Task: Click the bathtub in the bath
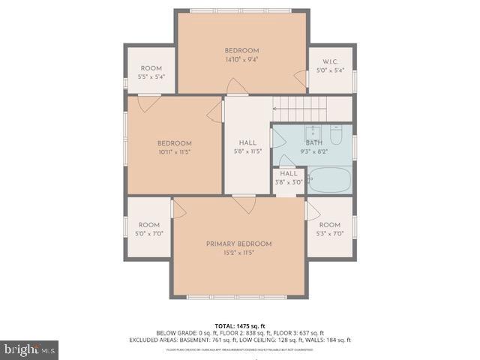(x=329, y=180)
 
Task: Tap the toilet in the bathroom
(x=336, y=136)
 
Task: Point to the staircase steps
(x=311, y=108)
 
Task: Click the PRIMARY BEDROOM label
(x=238, y=244)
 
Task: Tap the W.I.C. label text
(x=331, y=61)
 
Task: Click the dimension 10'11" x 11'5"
(x=174, y=152)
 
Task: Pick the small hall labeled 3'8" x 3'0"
(x=289, y=178)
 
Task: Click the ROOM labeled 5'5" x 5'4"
(x=151, y=72)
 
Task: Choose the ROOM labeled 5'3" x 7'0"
(x=330, y=229)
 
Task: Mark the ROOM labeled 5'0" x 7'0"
(x=149, y=229)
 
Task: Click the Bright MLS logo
(x=30, y=349)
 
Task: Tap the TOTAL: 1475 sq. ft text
(x=240, y=325)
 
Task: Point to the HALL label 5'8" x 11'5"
(x=247, y=146)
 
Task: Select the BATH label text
(x=313, y=142)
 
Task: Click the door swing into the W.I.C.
(x=301, y=78)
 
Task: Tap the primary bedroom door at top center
(x=244, y=204)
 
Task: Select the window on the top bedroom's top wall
(x=241, y=10)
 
